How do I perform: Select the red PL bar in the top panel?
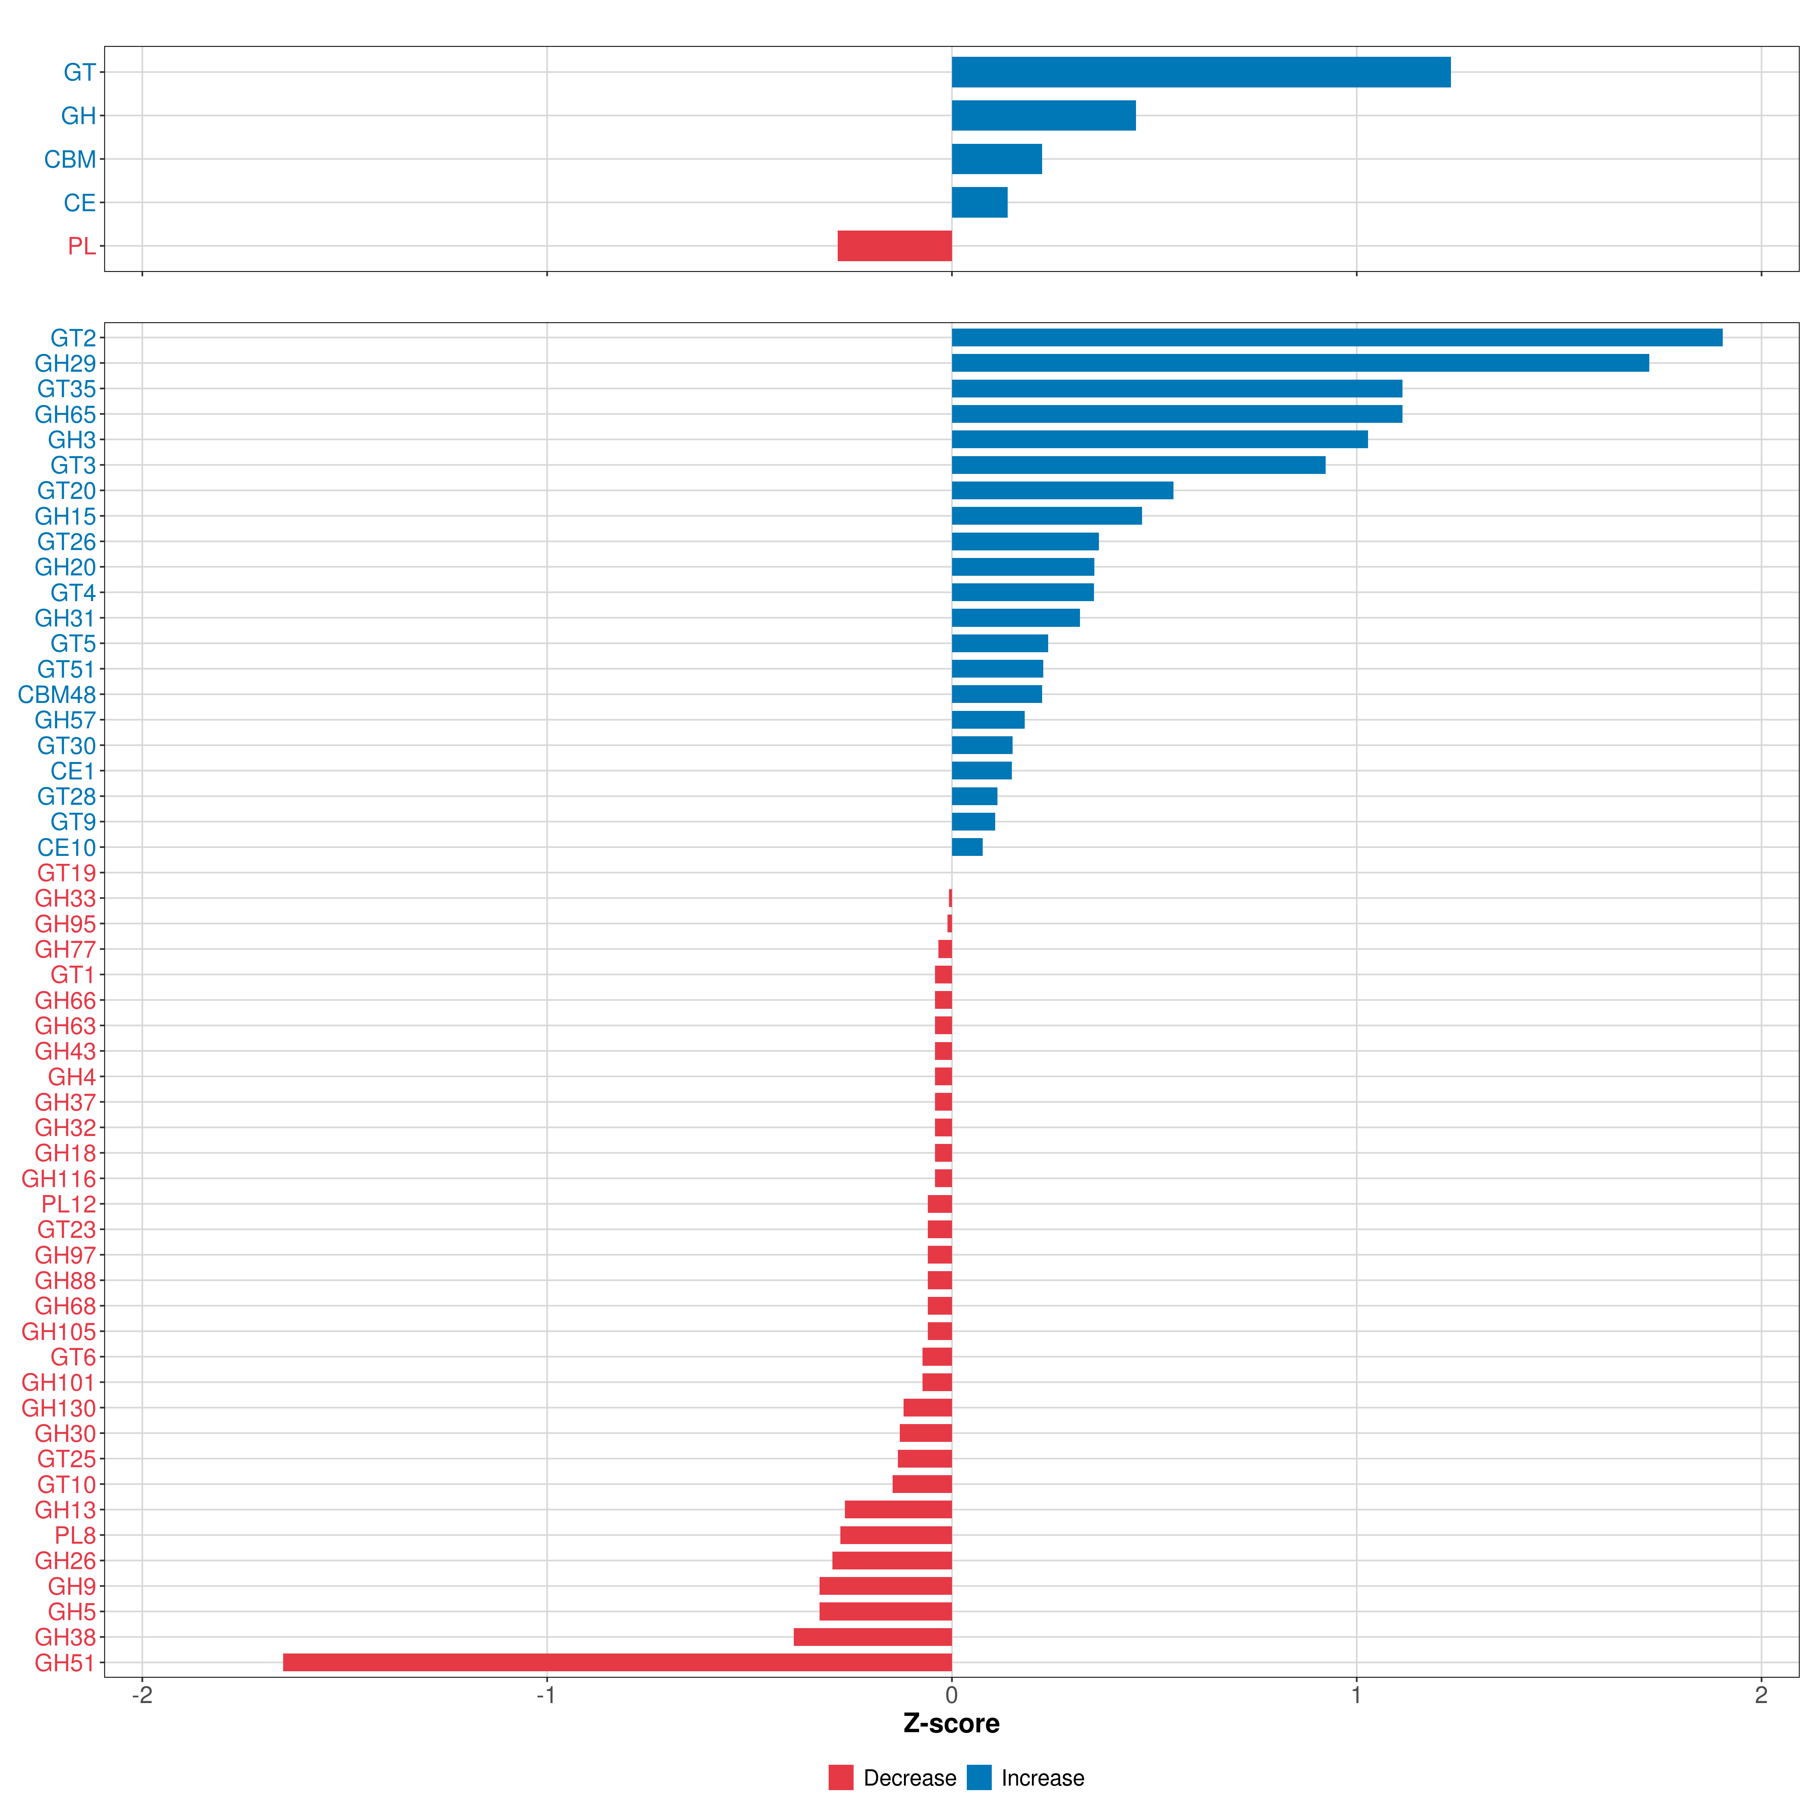click(894, 246)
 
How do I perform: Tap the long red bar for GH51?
click(617, 1663)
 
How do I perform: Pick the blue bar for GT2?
click(1336, 338)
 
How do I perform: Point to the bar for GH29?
click(1300, 363)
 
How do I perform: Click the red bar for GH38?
click(873, 1637)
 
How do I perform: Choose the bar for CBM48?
click(997, 694)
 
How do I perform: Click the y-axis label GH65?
click(65, 415)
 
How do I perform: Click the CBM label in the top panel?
click(70, 160)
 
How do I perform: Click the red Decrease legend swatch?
click(841, 1778)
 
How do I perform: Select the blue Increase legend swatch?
click(979, 1778)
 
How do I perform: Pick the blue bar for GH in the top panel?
click(1043, 116)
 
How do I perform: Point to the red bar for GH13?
click(898, 1510)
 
